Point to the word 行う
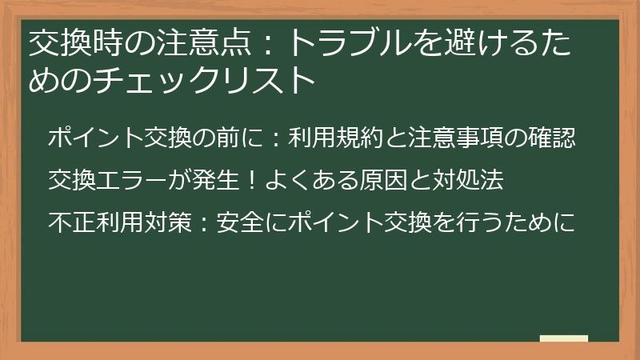[x=476, y=222]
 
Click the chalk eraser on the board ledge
[x=563, y=338]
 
